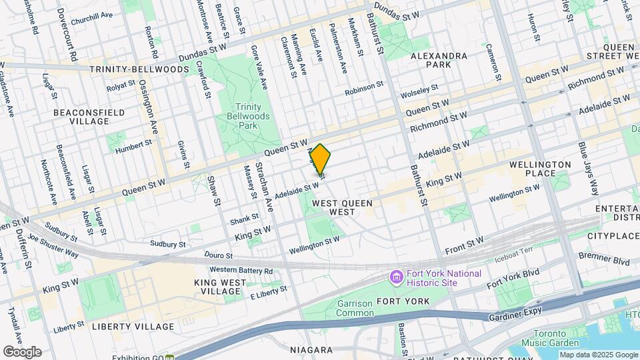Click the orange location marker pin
[x=320, y=161]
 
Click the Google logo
[x=22, y=351]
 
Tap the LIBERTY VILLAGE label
[x=133, y=327]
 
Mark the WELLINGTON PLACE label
[x=540, y=169]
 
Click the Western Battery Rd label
[x=241, y=270]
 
